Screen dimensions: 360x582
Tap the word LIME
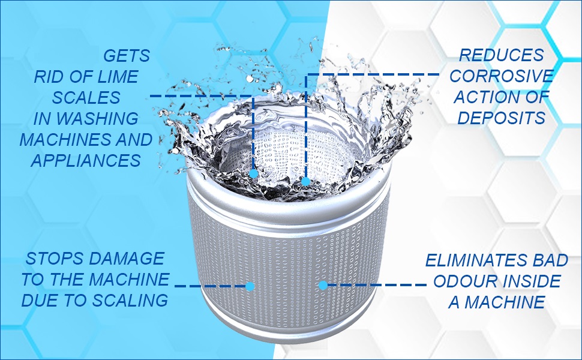[118, 77]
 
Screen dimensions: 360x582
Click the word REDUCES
[501, 56]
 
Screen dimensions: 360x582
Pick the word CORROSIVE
[501, 76]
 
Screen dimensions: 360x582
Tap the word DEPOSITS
[501, 118]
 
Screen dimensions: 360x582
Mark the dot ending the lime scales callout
[253, 174]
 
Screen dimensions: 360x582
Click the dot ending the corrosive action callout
[305, 181]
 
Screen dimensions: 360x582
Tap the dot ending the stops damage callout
[251, 286]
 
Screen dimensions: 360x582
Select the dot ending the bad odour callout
[323, 286]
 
